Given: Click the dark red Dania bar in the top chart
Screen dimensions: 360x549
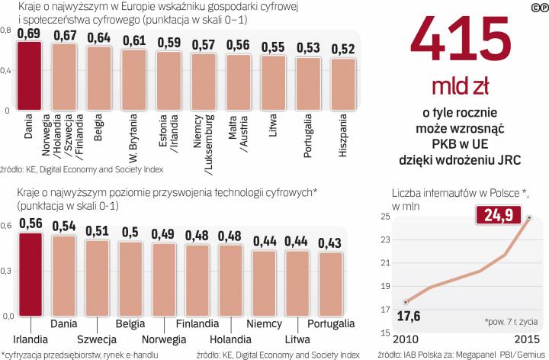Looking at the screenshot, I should coord(29,76).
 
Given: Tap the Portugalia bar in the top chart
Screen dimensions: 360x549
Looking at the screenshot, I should coord(308,84).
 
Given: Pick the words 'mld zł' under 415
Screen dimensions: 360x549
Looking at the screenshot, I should coord(457,85).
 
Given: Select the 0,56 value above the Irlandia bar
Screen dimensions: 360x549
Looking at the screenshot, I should coord(30,224).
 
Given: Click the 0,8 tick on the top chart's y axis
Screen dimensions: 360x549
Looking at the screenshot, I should coord(5,31).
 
